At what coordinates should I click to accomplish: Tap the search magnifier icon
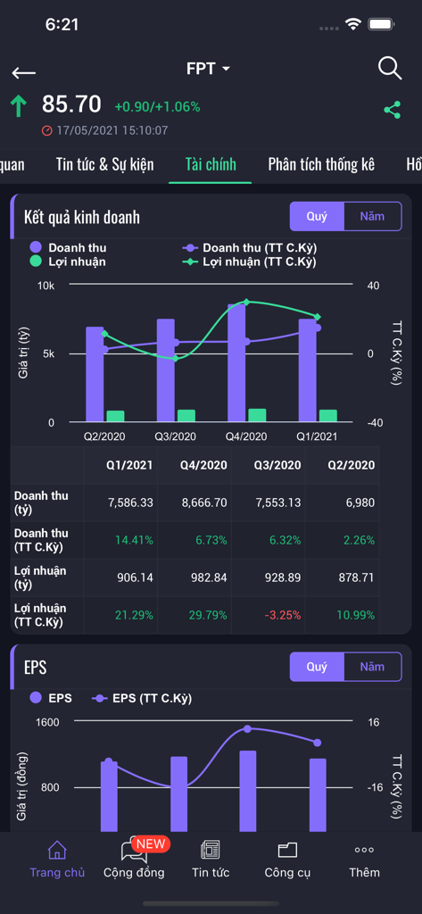pyautogui.click(x=390, y=69)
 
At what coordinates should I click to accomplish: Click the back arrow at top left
pyautogui.click(x=24, y=72)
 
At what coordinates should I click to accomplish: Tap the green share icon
pyautogui.click(x=392, y=110)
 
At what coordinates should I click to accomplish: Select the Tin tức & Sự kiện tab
pyautogui.click(x=104, y=164)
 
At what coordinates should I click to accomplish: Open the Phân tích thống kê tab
pyautogui.click(x=321, y=164)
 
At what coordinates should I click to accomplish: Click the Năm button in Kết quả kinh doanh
pyautogui.click(x=372, y=216)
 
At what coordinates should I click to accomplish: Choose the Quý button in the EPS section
pyautogui.click(x=317, y=667)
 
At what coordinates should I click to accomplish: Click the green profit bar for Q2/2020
pyautogui.click(x=115, y=416)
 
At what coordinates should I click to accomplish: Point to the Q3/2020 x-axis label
pyautogui.click(x=175, y=436)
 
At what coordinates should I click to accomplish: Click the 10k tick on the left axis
pyautogui.click(x=46, y=286)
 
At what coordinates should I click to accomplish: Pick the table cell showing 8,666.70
pyautogui.click(x=204, y=503)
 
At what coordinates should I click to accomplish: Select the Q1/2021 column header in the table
pyautogui.click(x=130, y=465)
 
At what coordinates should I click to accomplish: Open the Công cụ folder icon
pyautogui.click(x=287, y=851)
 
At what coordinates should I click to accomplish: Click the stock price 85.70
pyautogui.click(x=71, y=104)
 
